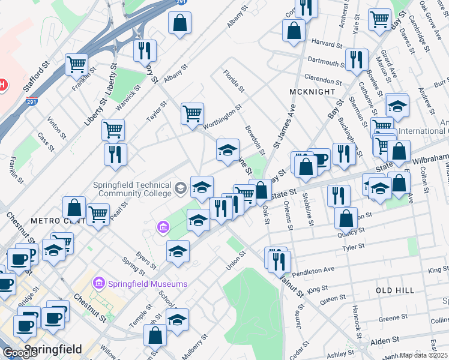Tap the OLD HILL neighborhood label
[x=395, y=290]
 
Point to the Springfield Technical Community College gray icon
[x=179, y=189]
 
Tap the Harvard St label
[x=327, y=43]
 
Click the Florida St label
[x=234, y=82]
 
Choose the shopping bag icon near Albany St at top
[x=179, y=24]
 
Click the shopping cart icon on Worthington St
[x=192, y=113]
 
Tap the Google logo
[x=20, y=353]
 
